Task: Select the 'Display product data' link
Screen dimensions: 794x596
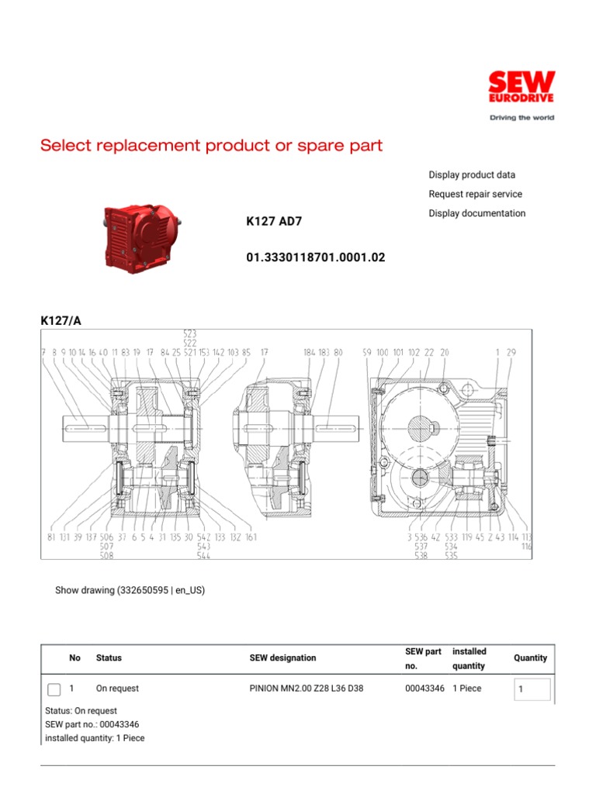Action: click(x=472, y=175)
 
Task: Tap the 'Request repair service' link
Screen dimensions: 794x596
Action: click(x=475, y=195)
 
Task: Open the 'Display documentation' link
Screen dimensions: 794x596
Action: click(x=476, y=213)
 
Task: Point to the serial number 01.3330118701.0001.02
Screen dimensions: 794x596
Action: click(x=315, y=257)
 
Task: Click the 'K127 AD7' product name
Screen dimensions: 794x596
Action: click(x=274, y=222)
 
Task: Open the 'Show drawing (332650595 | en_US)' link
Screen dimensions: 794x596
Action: click(x=130, y=590)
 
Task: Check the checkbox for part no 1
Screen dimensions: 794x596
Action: click(x=54, y=689)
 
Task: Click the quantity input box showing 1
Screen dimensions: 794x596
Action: click(x=532, y=689)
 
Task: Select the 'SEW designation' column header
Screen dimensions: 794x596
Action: click(x=282, y=658)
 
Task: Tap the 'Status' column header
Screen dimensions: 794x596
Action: click(x=109, y=658)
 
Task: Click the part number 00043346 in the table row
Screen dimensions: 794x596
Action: click(x=424, y=689)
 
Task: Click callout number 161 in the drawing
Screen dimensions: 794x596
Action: click(x=251, y=537)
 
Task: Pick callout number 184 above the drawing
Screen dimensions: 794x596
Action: click(x=310, y=353)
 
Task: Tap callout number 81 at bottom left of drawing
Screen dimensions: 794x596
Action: click(x=51, y=537)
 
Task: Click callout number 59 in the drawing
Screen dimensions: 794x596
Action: click(x=367, y=353)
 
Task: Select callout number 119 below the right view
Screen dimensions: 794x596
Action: click(x=467, y=537)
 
